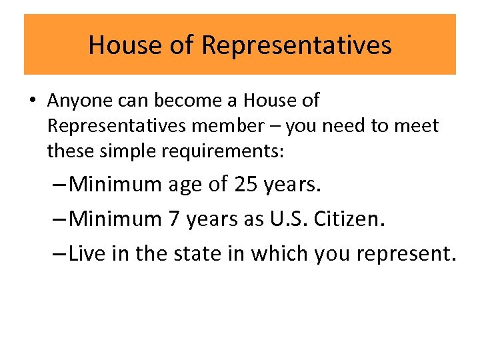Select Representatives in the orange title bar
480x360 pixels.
296,45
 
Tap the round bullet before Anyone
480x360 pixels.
32,101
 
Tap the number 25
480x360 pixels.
246,184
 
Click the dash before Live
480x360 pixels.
58,254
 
